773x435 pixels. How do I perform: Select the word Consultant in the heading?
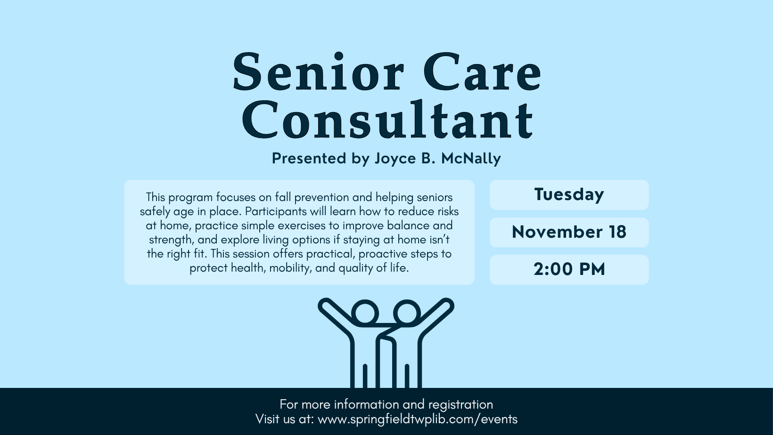[387, 119]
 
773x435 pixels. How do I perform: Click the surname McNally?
[471, 158]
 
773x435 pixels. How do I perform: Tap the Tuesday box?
[569, 195]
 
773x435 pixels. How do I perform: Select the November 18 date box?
[569, 232]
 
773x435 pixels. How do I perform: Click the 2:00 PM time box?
[569, 270]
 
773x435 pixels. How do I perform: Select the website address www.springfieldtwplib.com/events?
[418, 419]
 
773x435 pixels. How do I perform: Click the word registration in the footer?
[461, 405]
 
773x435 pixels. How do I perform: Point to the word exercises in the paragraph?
[302, 226]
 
